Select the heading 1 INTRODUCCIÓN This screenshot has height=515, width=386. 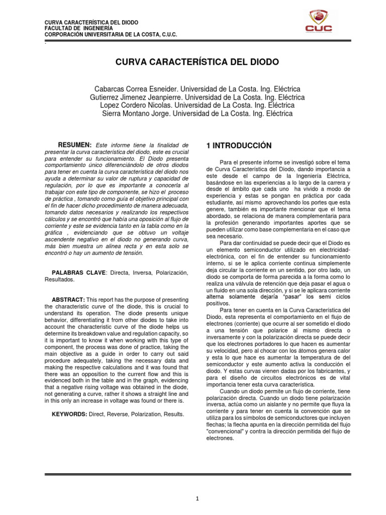(239, 145)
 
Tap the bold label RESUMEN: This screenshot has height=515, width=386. (74, 145)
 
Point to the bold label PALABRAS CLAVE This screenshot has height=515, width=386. (82, 272)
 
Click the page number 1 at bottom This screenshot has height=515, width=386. (198, 499)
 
